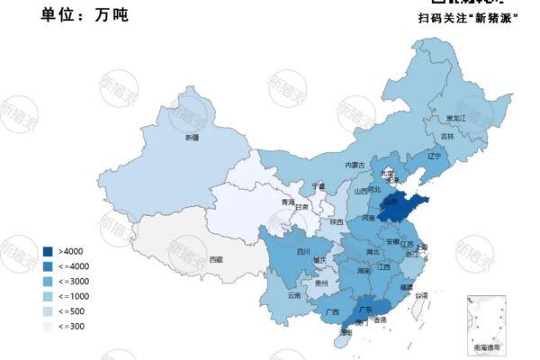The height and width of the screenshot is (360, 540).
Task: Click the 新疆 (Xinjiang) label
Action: (192, 138)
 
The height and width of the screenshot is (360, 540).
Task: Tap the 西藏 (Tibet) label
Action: (215, 258)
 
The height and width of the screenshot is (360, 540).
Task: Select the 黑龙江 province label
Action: (458, 118)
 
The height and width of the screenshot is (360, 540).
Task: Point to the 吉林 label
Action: (447, 137)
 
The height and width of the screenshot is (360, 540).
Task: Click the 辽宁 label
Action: (435, 156)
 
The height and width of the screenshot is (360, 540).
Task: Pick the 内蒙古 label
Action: (355, 166)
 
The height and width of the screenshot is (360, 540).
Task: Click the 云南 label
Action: (294, 294)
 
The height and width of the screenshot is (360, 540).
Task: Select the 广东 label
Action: (365, 308)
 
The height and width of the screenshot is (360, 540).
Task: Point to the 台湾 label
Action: (421, 294)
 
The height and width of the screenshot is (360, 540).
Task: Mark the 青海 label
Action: (288, 203)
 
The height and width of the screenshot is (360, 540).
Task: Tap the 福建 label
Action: (406, 286)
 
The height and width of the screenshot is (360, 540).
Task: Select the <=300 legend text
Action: (71, 327)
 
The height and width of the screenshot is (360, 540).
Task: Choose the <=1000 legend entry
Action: (73, 296)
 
